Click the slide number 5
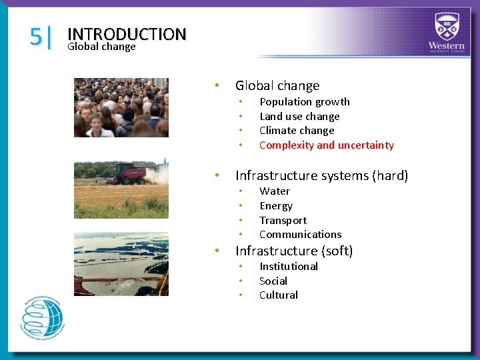pos(36,37)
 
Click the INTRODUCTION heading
pos(127,34)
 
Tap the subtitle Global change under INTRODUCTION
pos(101,47)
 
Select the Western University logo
pos(446,33)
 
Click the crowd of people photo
pos(121,107)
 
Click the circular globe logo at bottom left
pos(43,319)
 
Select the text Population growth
pos(304,102)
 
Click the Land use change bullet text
pos(299,117)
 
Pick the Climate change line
pos(297,131)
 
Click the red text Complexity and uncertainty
pos(326,145)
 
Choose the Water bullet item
pos(275,191)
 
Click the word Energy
pos(276,206)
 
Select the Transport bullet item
pos(283,221)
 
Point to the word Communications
pos(300,235)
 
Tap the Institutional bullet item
pos(288,267)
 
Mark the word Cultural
pos(279,295)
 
